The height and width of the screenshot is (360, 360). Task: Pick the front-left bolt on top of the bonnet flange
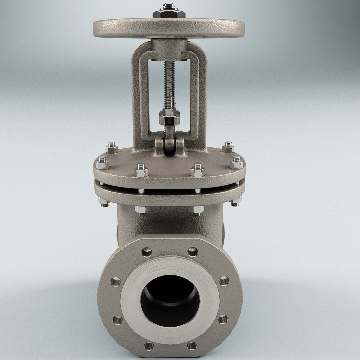[141, 170]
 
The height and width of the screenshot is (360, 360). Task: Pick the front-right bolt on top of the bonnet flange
[197, 170]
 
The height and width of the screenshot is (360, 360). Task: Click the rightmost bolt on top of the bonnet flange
[236, 162]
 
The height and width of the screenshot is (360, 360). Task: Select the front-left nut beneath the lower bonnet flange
[141, 210]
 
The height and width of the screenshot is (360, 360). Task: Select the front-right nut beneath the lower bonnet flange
[198, 210]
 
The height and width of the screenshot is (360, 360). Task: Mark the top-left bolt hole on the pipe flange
[147, 252]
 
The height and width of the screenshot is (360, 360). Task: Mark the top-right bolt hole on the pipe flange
[192, 252]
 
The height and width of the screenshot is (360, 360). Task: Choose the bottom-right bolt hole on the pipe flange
[192, 345]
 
